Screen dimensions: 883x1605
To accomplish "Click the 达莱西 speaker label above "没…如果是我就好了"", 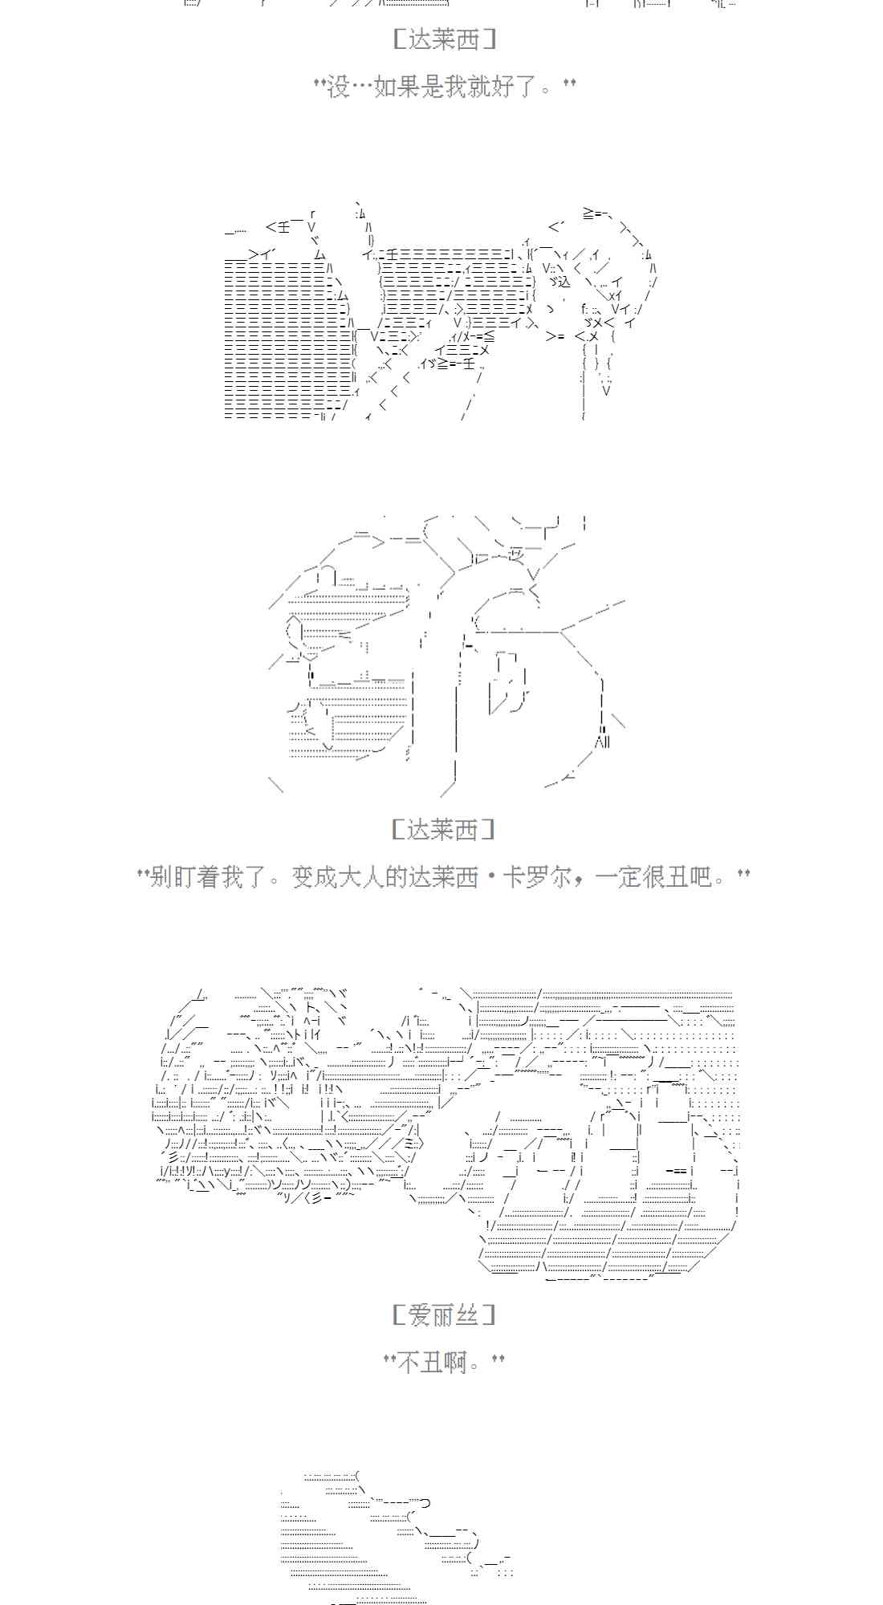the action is click(444, 39).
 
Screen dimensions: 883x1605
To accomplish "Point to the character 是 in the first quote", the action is click(433, 86).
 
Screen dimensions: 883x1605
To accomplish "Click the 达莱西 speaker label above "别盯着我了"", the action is click(444, 830).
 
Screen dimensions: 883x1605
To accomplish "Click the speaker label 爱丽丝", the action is click(444, 1314).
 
